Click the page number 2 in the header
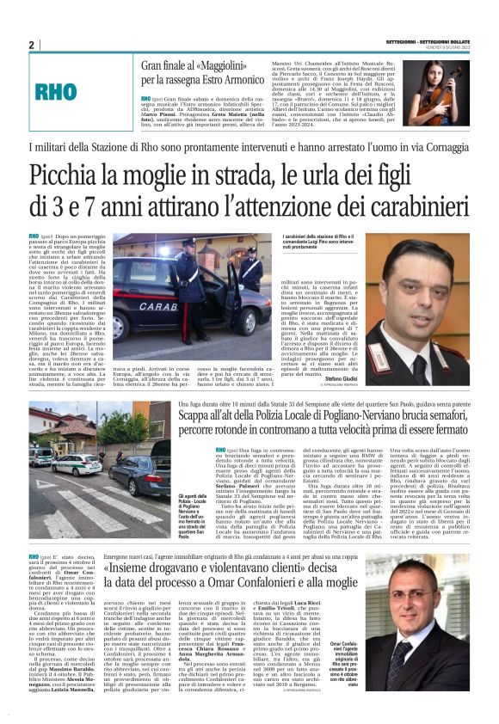(x=31, y=45)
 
